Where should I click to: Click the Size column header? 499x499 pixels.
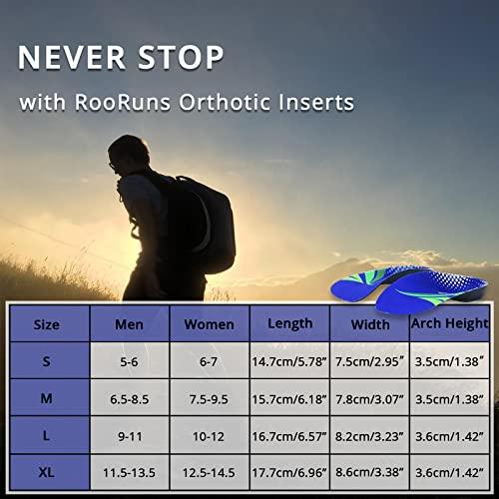[47, 324]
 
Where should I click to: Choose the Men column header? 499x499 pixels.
[129, 324]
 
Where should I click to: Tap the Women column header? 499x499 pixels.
[209, 324]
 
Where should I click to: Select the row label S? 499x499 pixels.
[47, 361]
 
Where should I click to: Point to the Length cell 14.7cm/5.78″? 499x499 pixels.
[287, 361]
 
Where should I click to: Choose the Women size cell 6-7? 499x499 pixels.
[209, 361]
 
